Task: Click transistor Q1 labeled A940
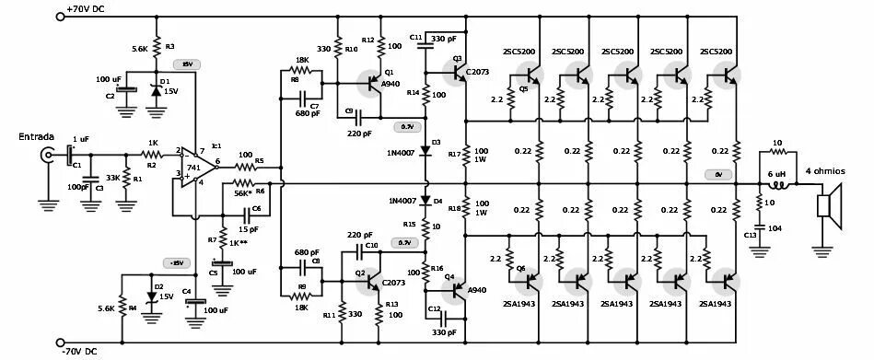click(x=372, y=83)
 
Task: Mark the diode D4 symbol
click(x=425, y=200)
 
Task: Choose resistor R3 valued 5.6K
click(x=157, y=47)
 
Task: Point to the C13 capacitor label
click(x=751, y=235)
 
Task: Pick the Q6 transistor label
click(x=521, y=268)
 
